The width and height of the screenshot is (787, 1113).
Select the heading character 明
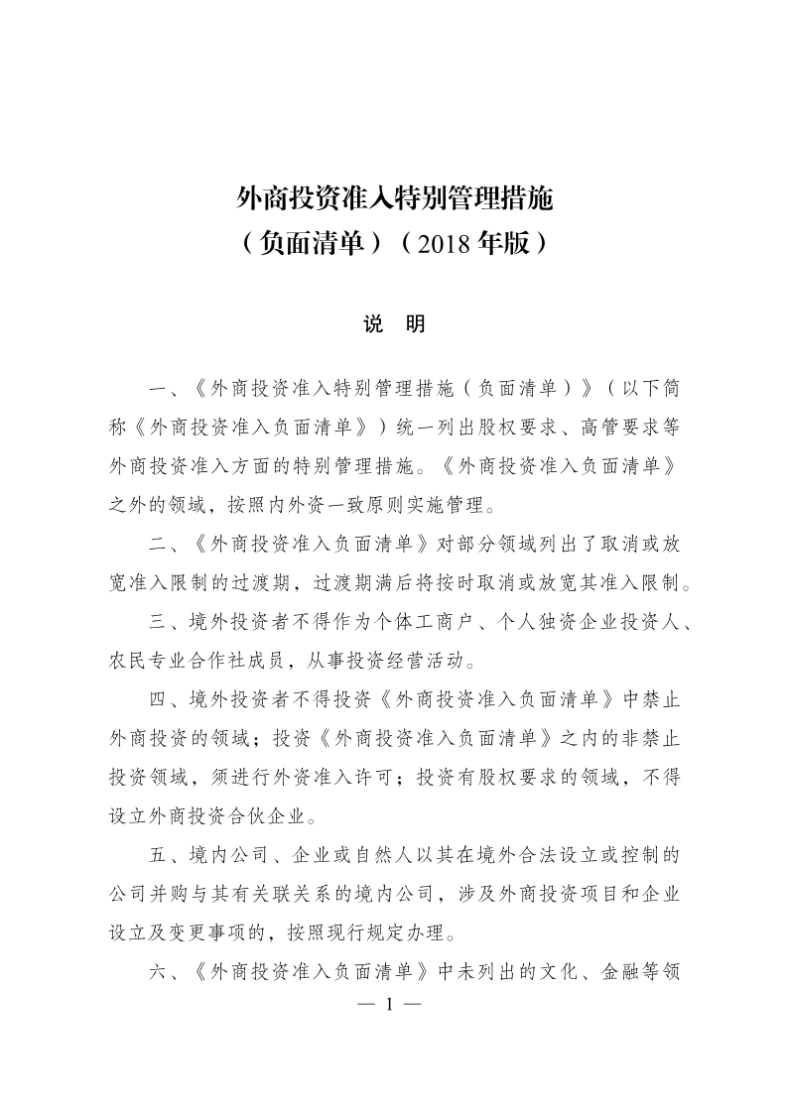point(416,324)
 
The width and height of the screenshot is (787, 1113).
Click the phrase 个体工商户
point(420,623)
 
